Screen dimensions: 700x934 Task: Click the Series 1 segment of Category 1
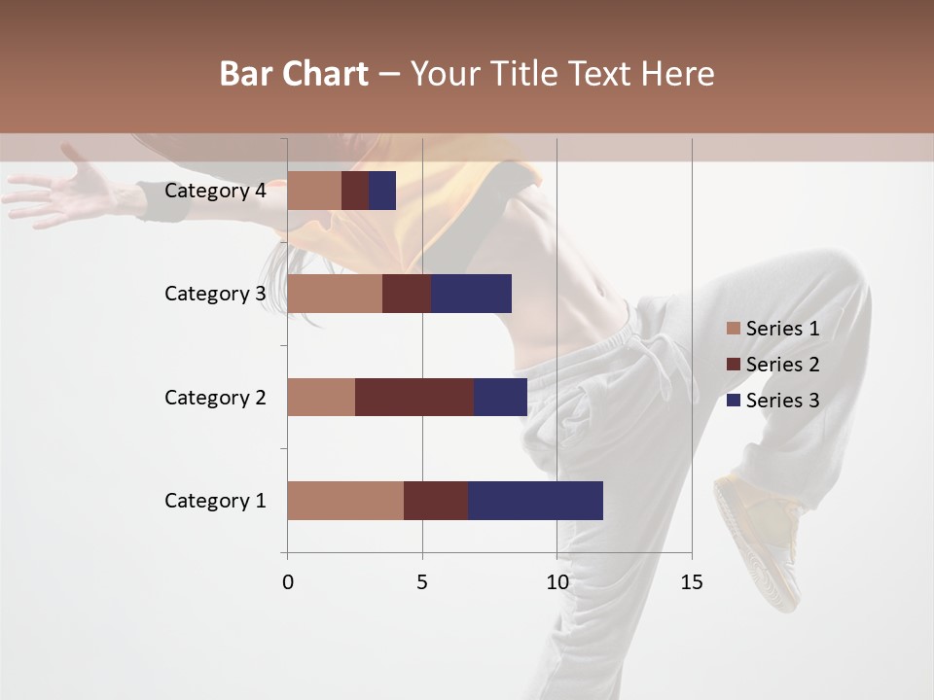point(345,501)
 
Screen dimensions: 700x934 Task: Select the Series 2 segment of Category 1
point(436,501)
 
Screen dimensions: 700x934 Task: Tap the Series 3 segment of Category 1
point(535,501)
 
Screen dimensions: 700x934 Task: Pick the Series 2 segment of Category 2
point(414,397)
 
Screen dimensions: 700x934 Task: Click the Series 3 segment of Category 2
point(500,397)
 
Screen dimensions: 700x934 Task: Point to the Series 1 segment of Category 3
point(335,294)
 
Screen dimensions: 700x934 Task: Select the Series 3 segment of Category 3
point(471,294)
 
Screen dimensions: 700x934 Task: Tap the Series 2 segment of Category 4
point(355,191)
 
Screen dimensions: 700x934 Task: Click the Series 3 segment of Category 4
point(382,191)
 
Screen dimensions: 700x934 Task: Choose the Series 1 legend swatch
point(734,329)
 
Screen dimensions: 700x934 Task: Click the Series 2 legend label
point(782,365)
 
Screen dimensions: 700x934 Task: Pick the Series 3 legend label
point(782,401)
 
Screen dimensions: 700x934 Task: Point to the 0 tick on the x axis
point(288,582)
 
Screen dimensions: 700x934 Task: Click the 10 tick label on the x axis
point(557,582)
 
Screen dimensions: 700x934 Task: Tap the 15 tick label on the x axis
point(691,582)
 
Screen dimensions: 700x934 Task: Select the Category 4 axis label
point(215,191)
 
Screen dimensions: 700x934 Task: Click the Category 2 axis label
point(215,397)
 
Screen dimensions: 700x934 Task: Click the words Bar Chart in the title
point(294,73)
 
